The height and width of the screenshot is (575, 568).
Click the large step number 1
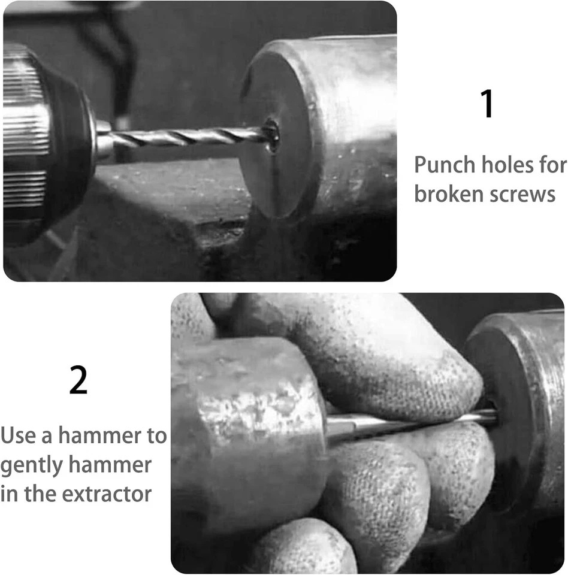pos(488,105)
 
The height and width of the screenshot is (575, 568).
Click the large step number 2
pos(78,382)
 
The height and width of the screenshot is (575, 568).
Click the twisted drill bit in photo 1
pos(186,137)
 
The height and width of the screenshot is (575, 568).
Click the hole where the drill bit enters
pos(271,133)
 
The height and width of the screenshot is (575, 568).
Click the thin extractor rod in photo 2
pos(407,423)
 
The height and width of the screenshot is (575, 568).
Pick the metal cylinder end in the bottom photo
pos(515,413)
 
